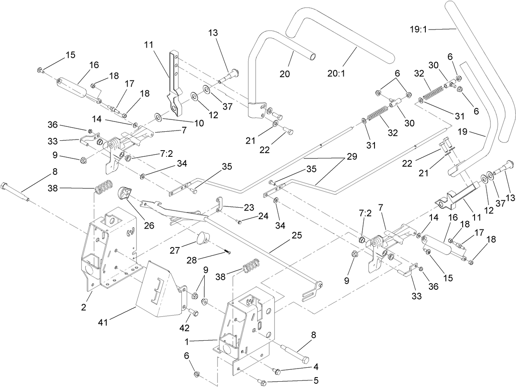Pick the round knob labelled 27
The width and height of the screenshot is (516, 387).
pyautogui.click(x=201, y=238)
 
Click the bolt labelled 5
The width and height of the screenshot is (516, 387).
pyautogui.click(x=263, y=382)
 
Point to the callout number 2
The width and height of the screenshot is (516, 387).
pyautogui.click(x=84, y=308)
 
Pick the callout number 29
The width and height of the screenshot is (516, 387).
pyautogui.click(x=351, y=156)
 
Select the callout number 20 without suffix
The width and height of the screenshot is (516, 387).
pyautogui.click(x=285, y=74)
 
